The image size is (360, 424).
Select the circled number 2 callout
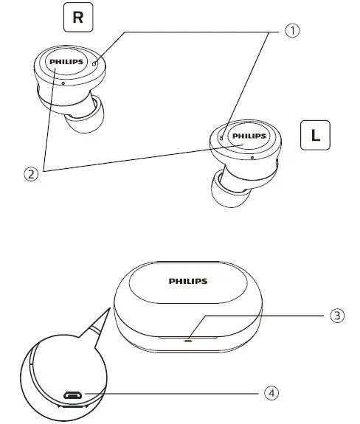[30, 174]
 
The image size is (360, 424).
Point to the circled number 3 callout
[336, 316]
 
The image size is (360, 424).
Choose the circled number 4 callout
[272, 392]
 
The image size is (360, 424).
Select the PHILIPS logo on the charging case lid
[188, 281]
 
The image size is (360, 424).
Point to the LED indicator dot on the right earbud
[96, 63]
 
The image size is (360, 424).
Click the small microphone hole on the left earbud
[252, 157]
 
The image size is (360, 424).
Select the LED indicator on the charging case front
[188, 339]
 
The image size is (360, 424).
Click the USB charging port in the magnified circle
[72, 395]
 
